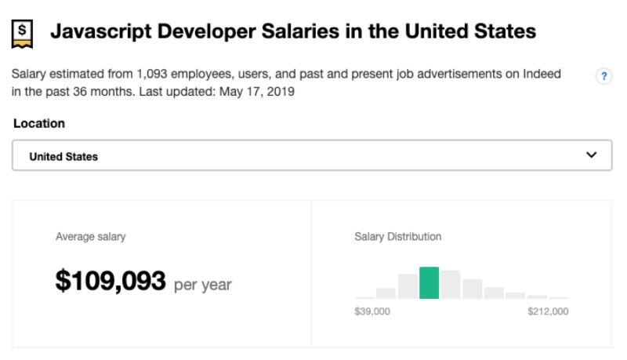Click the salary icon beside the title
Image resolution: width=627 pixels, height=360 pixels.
tap(23, 32)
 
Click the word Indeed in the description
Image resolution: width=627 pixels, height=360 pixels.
tap(542, 75)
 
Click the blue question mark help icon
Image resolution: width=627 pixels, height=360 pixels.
tap(603, 76)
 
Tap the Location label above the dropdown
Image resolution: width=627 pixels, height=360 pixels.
tap(39, 124)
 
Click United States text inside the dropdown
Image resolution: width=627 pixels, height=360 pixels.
tap(63, 156)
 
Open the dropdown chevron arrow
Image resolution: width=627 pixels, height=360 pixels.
tap(592, 155)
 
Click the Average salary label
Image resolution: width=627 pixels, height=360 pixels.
tap(90, 236)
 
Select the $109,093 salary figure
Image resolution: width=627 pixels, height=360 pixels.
tap(111, 281)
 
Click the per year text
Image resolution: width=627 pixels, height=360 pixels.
tap(202, 284)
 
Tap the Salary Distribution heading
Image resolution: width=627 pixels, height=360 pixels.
tap(397, 236)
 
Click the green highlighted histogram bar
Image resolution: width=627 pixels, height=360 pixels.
tap(429, 283)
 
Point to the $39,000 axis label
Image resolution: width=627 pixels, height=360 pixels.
tap(372, 311)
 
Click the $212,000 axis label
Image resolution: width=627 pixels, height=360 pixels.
tap(548, 311)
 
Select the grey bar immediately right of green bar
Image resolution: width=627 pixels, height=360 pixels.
tap(450, 285)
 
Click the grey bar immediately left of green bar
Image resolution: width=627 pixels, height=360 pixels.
tap(408, 286)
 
